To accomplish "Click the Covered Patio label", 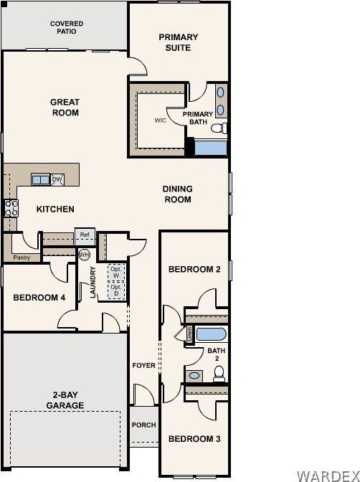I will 66,28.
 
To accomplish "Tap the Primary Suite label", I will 179,42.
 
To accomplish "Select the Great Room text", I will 65,108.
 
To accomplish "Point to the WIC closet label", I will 161,120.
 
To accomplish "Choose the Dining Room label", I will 177,194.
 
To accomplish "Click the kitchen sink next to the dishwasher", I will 40,179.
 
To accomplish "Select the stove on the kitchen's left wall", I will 11,209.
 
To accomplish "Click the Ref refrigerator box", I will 85,235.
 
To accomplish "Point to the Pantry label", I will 22,257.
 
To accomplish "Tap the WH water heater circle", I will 84,255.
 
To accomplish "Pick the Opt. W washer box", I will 115,273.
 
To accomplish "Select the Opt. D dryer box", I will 115,290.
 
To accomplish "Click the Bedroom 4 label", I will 39,297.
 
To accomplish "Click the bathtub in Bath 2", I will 211,335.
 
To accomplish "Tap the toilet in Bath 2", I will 219,372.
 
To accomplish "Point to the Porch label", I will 143,425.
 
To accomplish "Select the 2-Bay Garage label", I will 65,400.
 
